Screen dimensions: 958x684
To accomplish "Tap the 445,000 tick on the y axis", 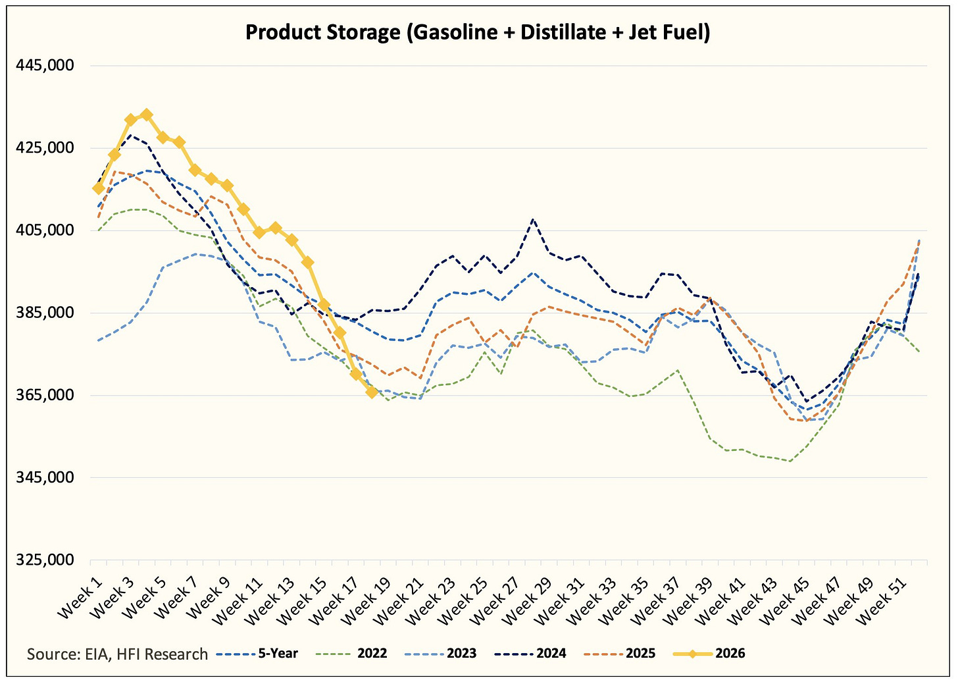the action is (45, 65).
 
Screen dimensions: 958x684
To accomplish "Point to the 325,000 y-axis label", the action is (45, 560).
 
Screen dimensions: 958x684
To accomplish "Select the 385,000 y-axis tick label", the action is (45, 313).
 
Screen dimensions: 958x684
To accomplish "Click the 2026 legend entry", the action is (709, 654).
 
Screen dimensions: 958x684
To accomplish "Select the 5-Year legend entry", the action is (257, 654).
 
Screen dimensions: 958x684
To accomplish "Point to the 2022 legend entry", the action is (351, 654).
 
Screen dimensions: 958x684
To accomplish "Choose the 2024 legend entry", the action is (530, 654).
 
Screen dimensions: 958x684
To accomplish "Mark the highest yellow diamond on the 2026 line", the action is (147, 115).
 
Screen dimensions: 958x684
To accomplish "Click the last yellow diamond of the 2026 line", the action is (372, 392).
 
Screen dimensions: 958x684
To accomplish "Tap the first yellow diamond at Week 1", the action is (99, 188).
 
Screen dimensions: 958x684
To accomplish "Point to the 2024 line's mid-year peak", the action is (533, 220).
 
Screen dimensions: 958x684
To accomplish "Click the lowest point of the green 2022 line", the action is (790, 461).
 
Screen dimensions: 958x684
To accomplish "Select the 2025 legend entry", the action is (620, 654).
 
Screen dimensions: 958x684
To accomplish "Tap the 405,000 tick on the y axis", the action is (45, 230).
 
